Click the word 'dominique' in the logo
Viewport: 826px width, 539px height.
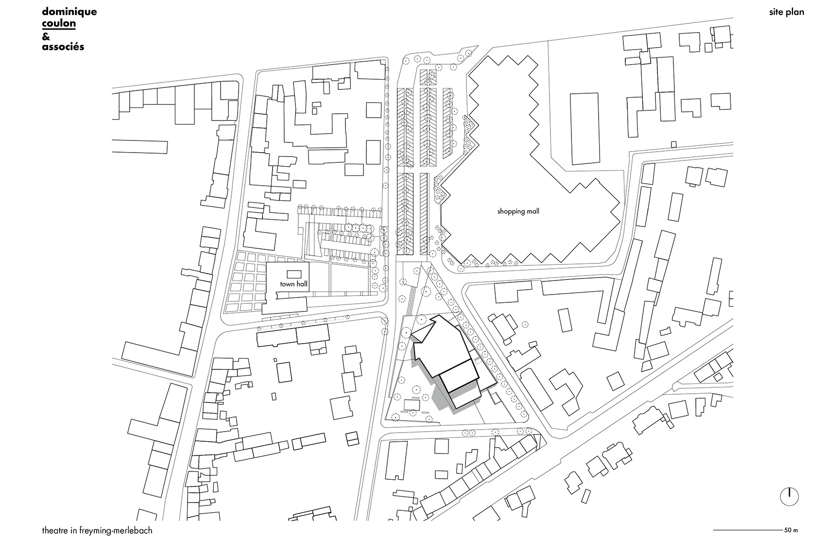(x=69, y=12)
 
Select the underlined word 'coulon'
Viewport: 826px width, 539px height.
(x=59, y=23)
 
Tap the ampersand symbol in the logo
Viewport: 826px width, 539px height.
(x=46, y=36)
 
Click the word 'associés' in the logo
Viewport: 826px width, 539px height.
(x=63, y=47)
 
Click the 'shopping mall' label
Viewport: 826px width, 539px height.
(x=518, y=211)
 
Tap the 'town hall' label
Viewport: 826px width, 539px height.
(x=293, y=284)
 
